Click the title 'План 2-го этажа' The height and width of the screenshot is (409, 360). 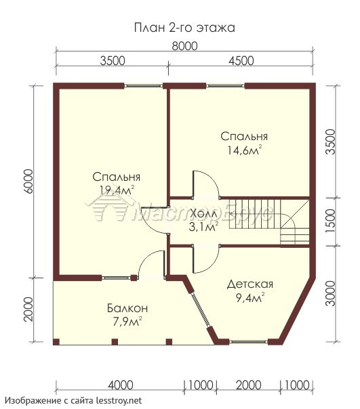click(184, 28)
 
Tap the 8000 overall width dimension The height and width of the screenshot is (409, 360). click(184, 46)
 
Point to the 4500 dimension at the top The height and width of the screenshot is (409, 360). click(241, 61)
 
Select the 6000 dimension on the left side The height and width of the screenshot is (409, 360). click(28, 181)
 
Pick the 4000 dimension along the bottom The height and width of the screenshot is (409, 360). click(121, 385)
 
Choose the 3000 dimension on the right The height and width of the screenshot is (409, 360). click(330, 293)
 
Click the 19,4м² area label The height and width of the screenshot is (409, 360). click(117, 190)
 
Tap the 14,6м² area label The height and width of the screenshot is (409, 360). click(244, 150)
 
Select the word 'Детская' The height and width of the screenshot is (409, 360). click(249, 284)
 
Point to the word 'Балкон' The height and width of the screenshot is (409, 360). click(127, 308)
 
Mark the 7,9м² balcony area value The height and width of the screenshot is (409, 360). click(127, 322)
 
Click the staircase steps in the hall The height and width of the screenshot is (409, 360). click(269, 221)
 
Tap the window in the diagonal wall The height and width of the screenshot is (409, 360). click(201, 311)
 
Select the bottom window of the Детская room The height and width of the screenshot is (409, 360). click(249, 342)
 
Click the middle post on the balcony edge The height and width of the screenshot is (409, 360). click(115, 342)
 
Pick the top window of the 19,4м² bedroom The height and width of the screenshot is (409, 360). click(143, 85)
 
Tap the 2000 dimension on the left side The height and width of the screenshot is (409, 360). click(28, 309)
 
